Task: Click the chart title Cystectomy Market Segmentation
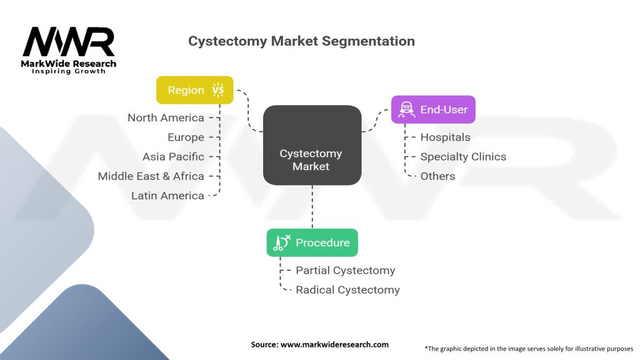[x=301, y=41]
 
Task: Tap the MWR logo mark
[x=69, y=42]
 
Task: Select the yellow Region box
[x=194, y=90]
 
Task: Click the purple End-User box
[x=433, y=109]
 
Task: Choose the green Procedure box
[x=312, y=242]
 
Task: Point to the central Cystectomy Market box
[x=312, y=145]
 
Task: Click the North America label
[x=166, y=117]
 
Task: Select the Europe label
[x=186, y=137]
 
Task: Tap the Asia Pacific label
[x=173, y=156]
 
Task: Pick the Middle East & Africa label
[x=151, y=176]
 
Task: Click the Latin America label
[x=167, y=196]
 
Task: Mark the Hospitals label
[x=445, y=137]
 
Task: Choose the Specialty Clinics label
[x=463, y=156]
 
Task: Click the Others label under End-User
[x=437, y=176]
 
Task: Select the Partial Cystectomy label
[x=345, y=270]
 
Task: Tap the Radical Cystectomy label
[x=347, y=289]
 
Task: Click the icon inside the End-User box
[x=405, y=109]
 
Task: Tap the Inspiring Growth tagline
[x=69, y=71]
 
